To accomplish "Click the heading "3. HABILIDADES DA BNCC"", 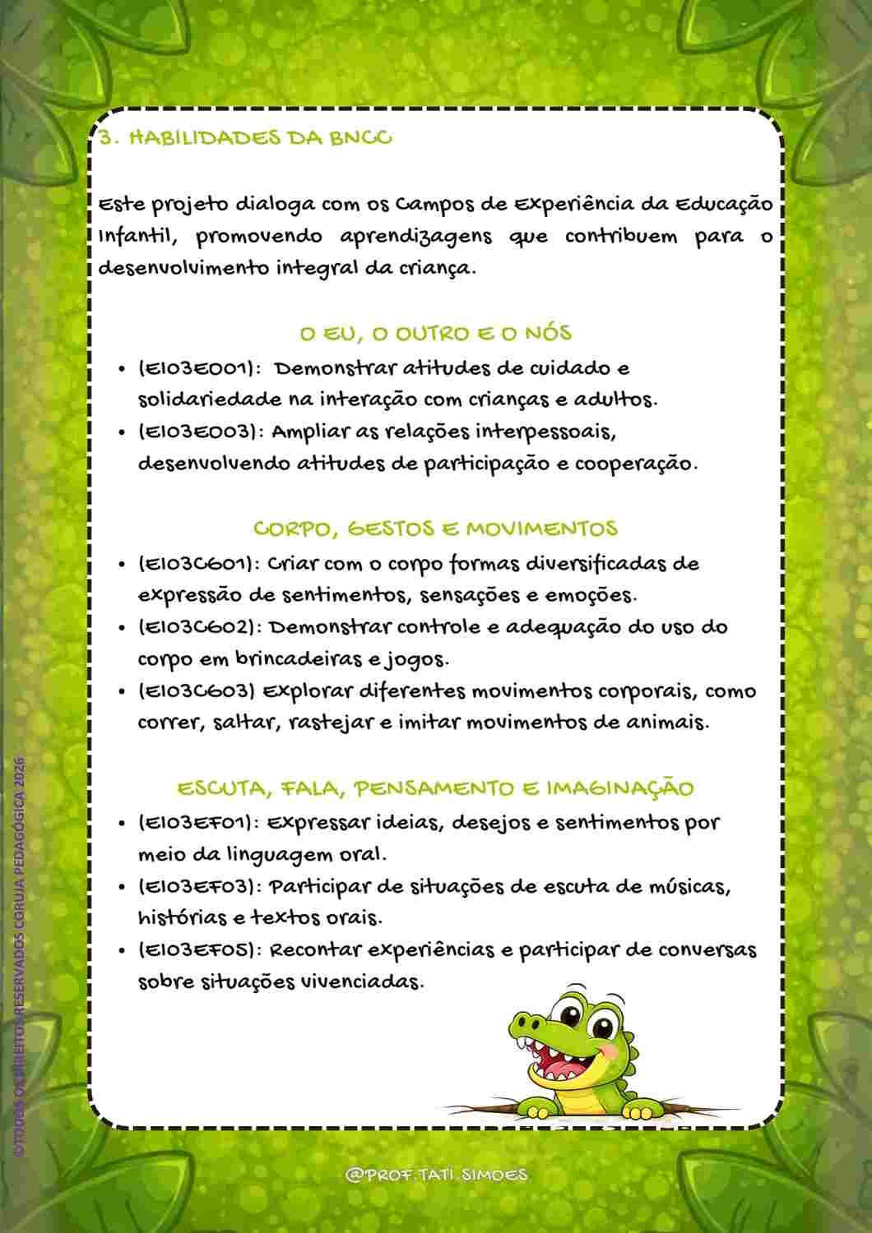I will (x=245, y=137).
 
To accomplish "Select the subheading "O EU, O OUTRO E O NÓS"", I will (x=435, y=334).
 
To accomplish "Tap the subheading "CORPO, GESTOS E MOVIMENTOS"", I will (x=435, y=528).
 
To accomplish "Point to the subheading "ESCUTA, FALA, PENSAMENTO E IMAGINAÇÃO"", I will (x=435, y=788).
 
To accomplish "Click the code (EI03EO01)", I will (x=200, y=368).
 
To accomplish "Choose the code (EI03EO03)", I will (x=200, y=432).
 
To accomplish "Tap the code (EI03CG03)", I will (x=197, y=691).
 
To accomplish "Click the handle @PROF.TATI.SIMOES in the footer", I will (x=437, y=1175).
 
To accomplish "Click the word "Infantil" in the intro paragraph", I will (x=136, y=237).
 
